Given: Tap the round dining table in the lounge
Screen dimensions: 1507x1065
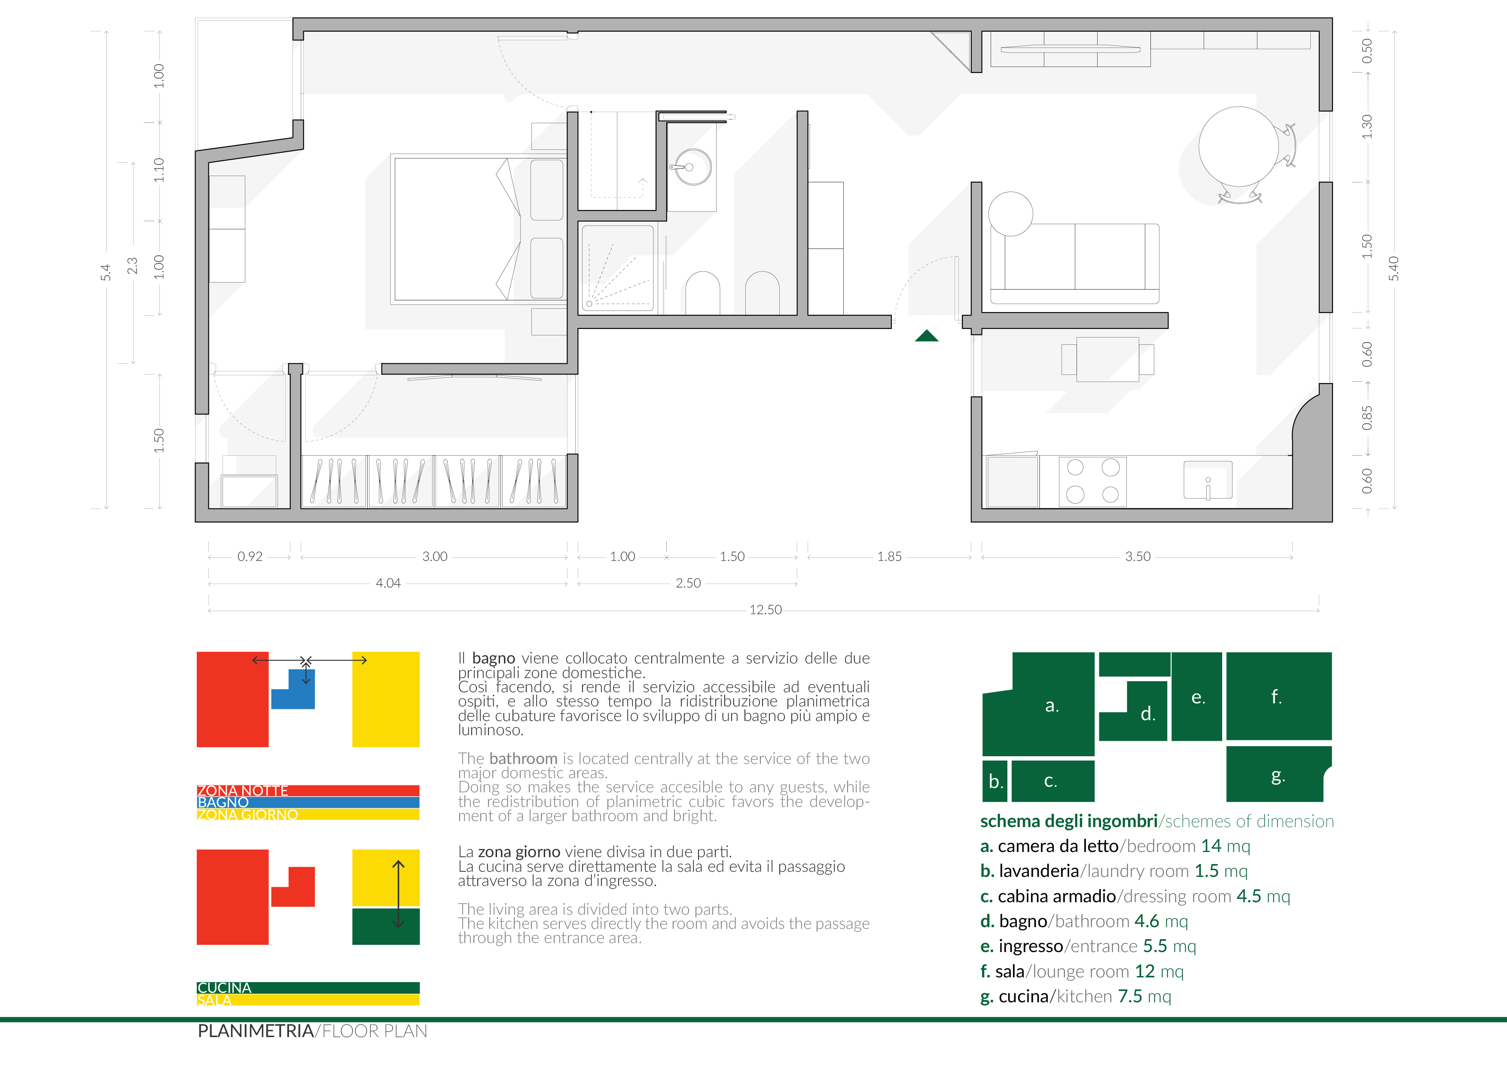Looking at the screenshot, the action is pos(1238,146).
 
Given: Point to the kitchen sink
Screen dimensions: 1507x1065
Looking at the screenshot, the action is pos(1208,480).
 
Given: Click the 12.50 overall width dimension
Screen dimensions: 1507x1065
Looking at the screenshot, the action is pos(766,610).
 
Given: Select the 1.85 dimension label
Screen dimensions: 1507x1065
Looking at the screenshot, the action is pos(889,557).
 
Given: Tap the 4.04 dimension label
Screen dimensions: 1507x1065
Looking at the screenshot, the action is pos(388,583).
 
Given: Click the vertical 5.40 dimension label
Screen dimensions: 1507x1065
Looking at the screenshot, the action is pos(1394,268).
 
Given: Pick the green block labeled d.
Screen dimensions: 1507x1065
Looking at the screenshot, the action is pos(1134,711).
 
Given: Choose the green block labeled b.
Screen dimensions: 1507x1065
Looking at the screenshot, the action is pos(994,781).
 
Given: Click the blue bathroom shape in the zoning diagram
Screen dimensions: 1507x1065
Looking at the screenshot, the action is pos(293,689).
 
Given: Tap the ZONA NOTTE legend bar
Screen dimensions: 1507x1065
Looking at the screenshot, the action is pos(308,791).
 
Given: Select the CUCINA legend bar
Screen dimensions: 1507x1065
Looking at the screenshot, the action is pos(308,988).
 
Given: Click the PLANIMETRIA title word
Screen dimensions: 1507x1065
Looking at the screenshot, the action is pos(255,1031).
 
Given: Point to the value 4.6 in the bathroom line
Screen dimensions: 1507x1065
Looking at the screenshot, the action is pos(1147,921).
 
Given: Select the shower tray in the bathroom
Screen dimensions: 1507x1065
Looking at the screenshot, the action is pos(618,268).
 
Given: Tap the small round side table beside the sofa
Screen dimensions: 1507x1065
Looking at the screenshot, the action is pos(1010,214).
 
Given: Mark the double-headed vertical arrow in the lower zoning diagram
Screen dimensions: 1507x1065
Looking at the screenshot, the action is pos(398,894).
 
